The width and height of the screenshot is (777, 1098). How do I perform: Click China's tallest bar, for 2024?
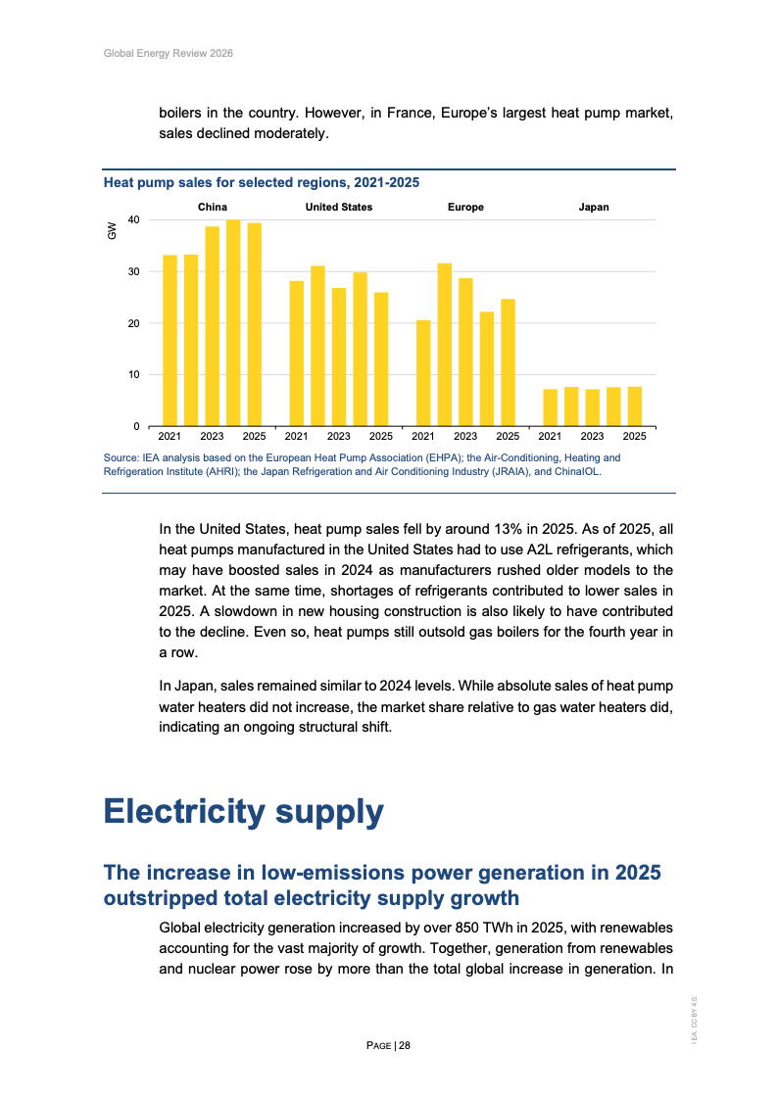click(x=233, y=323)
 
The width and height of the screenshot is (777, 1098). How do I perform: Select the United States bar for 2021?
click(x=296, y=354)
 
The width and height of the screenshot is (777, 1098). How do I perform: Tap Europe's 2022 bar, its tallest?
click(x=445, y=345)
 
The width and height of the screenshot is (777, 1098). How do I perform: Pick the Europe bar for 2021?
click(x=423, y=373)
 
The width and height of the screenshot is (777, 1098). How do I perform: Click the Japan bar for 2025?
click(x=635, y=406)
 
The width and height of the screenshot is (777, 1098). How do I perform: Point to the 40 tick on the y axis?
click(x=133, y=219)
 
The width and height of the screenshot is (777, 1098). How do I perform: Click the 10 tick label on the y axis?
click(x=133, y=375)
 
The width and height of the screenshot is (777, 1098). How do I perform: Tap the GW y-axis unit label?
click(x=112, y=232)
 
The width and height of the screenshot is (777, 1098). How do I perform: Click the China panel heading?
click(x=213, y=208)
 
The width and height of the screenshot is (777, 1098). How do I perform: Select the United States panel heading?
click(x=339, y=208)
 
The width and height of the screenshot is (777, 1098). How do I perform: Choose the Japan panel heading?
click(x=594, y=208)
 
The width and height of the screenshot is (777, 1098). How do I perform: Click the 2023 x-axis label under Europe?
click(x=465, y=436)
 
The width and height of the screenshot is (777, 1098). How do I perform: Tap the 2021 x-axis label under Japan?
click(x=550, y=436)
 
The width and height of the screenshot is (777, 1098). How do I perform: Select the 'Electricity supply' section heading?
click(x=243, y=811)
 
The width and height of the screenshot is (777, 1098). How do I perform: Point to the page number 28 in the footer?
click(x=405, y=1046)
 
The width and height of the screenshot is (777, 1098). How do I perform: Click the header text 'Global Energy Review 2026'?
click(x=168, y=53)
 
